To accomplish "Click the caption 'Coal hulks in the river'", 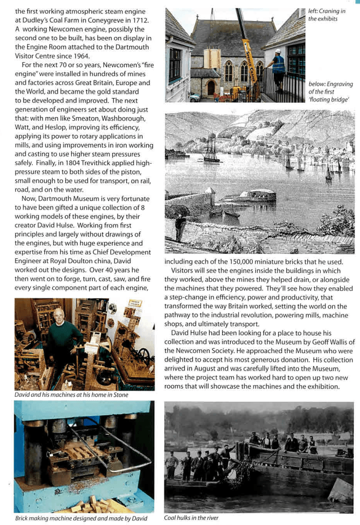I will coord(191,518).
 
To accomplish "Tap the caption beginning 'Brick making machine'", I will coord(81,518).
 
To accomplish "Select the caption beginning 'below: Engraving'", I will coord(331,91).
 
